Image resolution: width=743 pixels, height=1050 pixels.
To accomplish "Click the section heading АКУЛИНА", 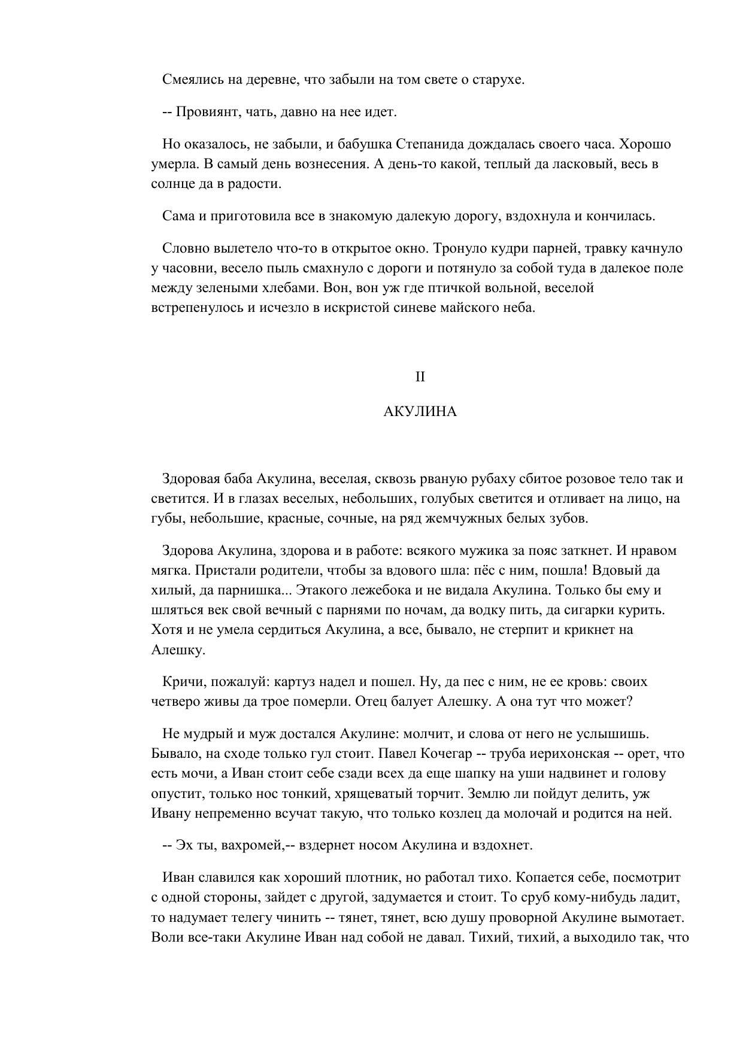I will pyautogui.click(x=420, y=412).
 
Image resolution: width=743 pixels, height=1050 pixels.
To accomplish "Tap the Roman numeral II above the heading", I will pyautogui.click(x=420, y=377).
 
